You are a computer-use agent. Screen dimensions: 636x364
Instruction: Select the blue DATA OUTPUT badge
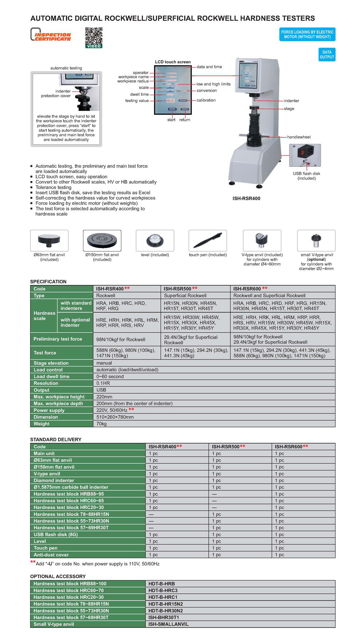pos(327,55)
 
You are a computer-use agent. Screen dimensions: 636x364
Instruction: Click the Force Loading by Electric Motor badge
pos(307,35)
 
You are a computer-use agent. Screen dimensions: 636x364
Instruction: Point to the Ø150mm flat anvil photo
pos(102,240)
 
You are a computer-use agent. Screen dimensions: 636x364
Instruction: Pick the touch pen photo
pos(207,240)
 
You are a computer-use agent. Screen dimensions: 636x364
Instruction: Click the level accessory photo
pos(155,240)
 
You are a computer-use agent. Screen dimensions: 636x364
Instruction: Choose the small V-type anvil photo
pos(316,240)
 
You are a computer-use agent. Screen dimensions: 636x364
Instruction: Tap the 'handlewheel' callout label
pos(299,137)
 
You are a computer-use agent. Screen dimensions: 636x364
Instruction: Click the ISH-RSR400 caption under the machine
pos(246,199)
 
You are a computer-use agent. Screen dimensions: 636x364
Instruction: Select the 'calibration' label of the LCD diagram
pos(206,100)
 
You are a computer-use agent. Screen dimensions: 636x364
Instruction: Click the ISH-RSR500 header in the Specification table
pos(178,289)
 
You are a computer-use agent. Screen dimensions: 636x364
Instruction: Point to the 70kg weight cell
pos(102,424)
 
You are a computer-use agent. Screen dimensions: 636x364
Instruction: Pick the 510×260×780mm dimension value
pos(115,417)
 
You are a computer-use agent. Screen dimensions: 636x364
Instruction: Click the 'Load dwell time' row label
pos(51,377)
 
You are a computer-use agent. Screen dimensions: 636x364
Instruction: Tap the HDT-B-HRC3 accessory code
pos(163,590)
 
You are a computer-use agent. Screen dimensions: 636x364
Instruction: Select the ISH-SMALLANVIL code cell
pos(168,624)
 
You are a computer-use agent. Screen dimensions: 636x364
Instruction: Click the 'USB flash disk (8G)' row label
pos(56,535)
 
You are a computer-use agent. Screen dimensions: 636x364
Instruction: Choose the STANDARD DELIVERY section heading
pos(56,440)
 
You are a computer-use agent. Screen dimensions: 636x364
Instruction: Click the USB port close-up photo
pos(305,155)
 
